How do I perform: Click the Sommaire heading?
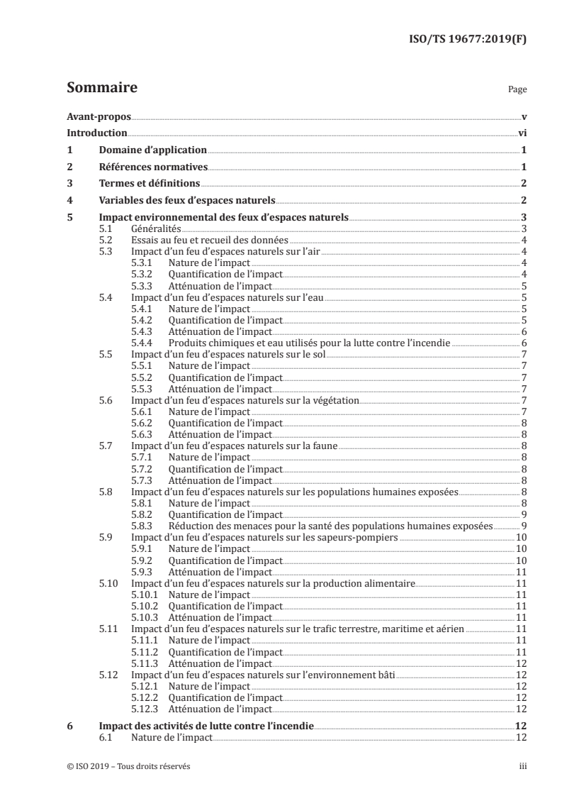pyautogui.click(x=101, y=89)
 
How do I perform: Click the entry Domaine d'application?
pyautogui.click(x=152, y=150)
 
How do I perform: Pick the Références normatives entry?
pyautogui.click(x=152, y=167)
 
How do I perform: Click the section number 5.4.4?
pyautogui.click(x=144, y=343)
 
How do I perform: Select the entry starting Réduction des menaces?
pyautogui.click(x=330, y=526)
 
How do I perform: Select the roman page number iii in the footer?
pyautogui.click(x=522, y=766)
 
